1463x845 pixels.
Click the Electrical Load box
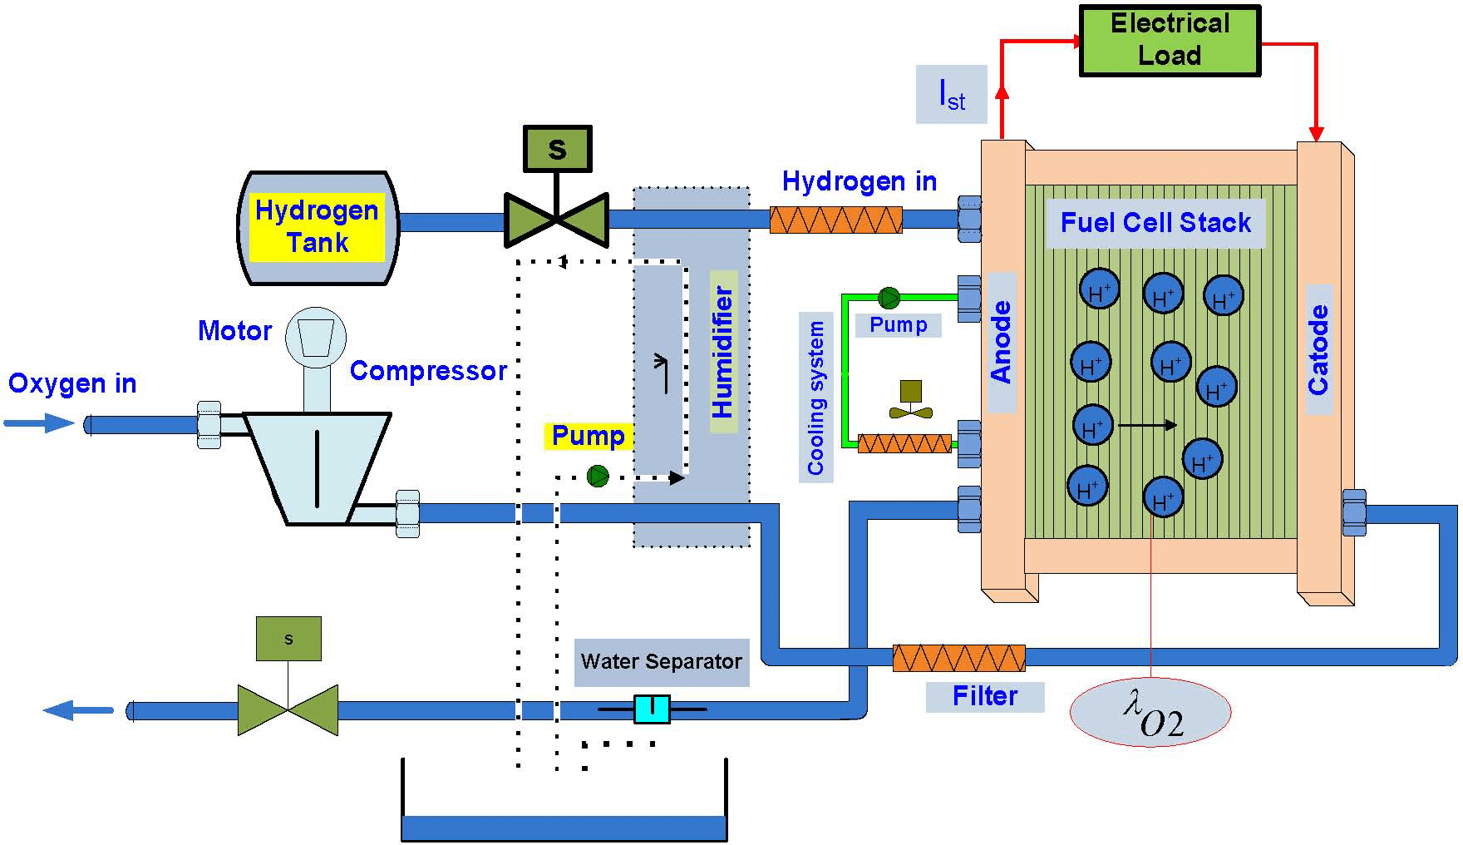1170,41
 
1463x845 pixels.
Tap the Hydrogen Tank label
317,226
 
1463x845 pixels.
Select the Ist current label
951,94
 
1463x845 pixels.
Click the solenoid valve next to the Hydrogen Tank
556,219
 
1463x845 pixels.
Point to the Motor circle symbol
316,338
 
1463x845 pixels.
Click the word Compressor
428,371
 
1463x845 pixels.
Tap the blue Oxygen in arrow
39,423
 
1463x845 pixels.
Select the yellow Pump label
588,435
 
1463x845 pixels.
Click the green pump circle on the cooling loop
889,297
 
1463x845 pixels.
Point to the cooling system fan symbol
910,401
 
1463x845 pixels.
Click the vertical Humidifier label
723,352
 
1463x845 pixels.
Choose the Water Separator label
661,662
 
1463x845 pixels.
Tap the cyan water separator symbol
652,709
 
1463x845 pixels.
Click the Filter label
984,696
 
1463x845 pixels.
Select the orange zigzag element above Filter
958,658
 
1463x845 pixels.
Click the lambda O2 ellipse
1150,712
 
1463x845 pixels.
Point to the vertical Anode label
1001,342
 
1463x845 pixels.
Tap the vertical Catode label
1318,349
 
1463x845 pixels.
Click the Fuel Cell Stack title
1155,223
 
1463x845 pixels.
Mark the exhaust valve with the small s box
288,709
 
